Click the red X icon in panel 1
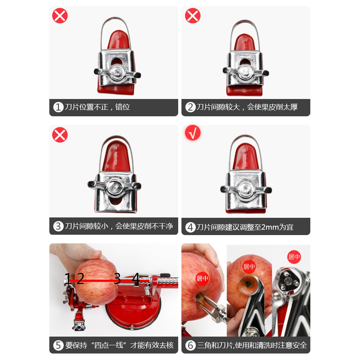pyautogui.click(x=60, y=15)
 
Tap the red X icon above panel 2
pyautogui.click(x=193, y=15)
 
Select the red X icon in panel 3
pyautogui.click(x=60, y=135)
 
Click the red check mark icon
pyautogui.click(x=193, y=133)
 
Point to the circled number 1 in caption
pyautogui.click(x=58, y=107)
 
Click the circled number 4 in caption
pyautogui.click(x=190, y=227)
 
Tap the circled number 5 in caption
pyautogui.click(x=58, y=345)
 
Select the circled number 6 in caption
pyautogui.click(x=190, y=345)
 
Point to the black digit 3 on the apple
pyautogui.click(x=117, y=279)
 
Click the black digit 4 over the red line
pyautogui.click(x=136, y=278)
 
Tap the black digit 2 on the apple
pyautogui.click(x=80, y=279)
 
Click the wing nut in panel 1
pyautogui.click(x=117, y=73)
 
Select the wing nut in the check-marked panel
pyautogui.click(x=246, y=189)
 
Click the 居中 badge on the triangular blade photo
pyautogui.click(x=294, y=257)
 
